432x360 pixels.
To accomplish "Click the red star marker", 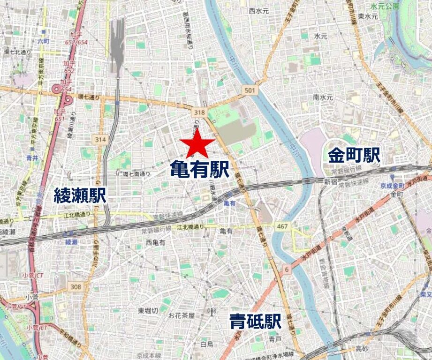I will click(x=197, y=143).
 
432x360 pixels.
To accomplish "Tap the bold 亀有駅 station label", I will click(x=199, y=169).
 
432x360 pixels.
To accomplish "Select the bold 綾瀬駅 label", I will click(x=80, y=195).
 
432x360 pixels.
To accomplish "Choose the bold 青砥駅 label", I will click(x=255, y=322).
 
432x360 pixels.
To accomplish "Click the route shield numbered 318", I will click(x=199, y=112).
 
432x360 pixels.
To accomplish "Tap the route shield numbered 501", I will click(x=250, y=90).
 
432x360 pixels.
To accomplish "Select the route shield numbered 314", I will click(x=100, y=139).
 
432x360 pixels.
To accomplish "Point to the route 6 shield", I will click(x=287, y=269).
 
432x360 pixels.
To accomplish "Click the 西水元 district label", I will click(x=259, y=10).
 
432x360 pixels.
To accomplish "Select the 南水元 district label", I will click(x=323, y=97).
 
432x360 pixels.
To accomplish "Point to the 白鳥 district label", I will click(x=207, y=345).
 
